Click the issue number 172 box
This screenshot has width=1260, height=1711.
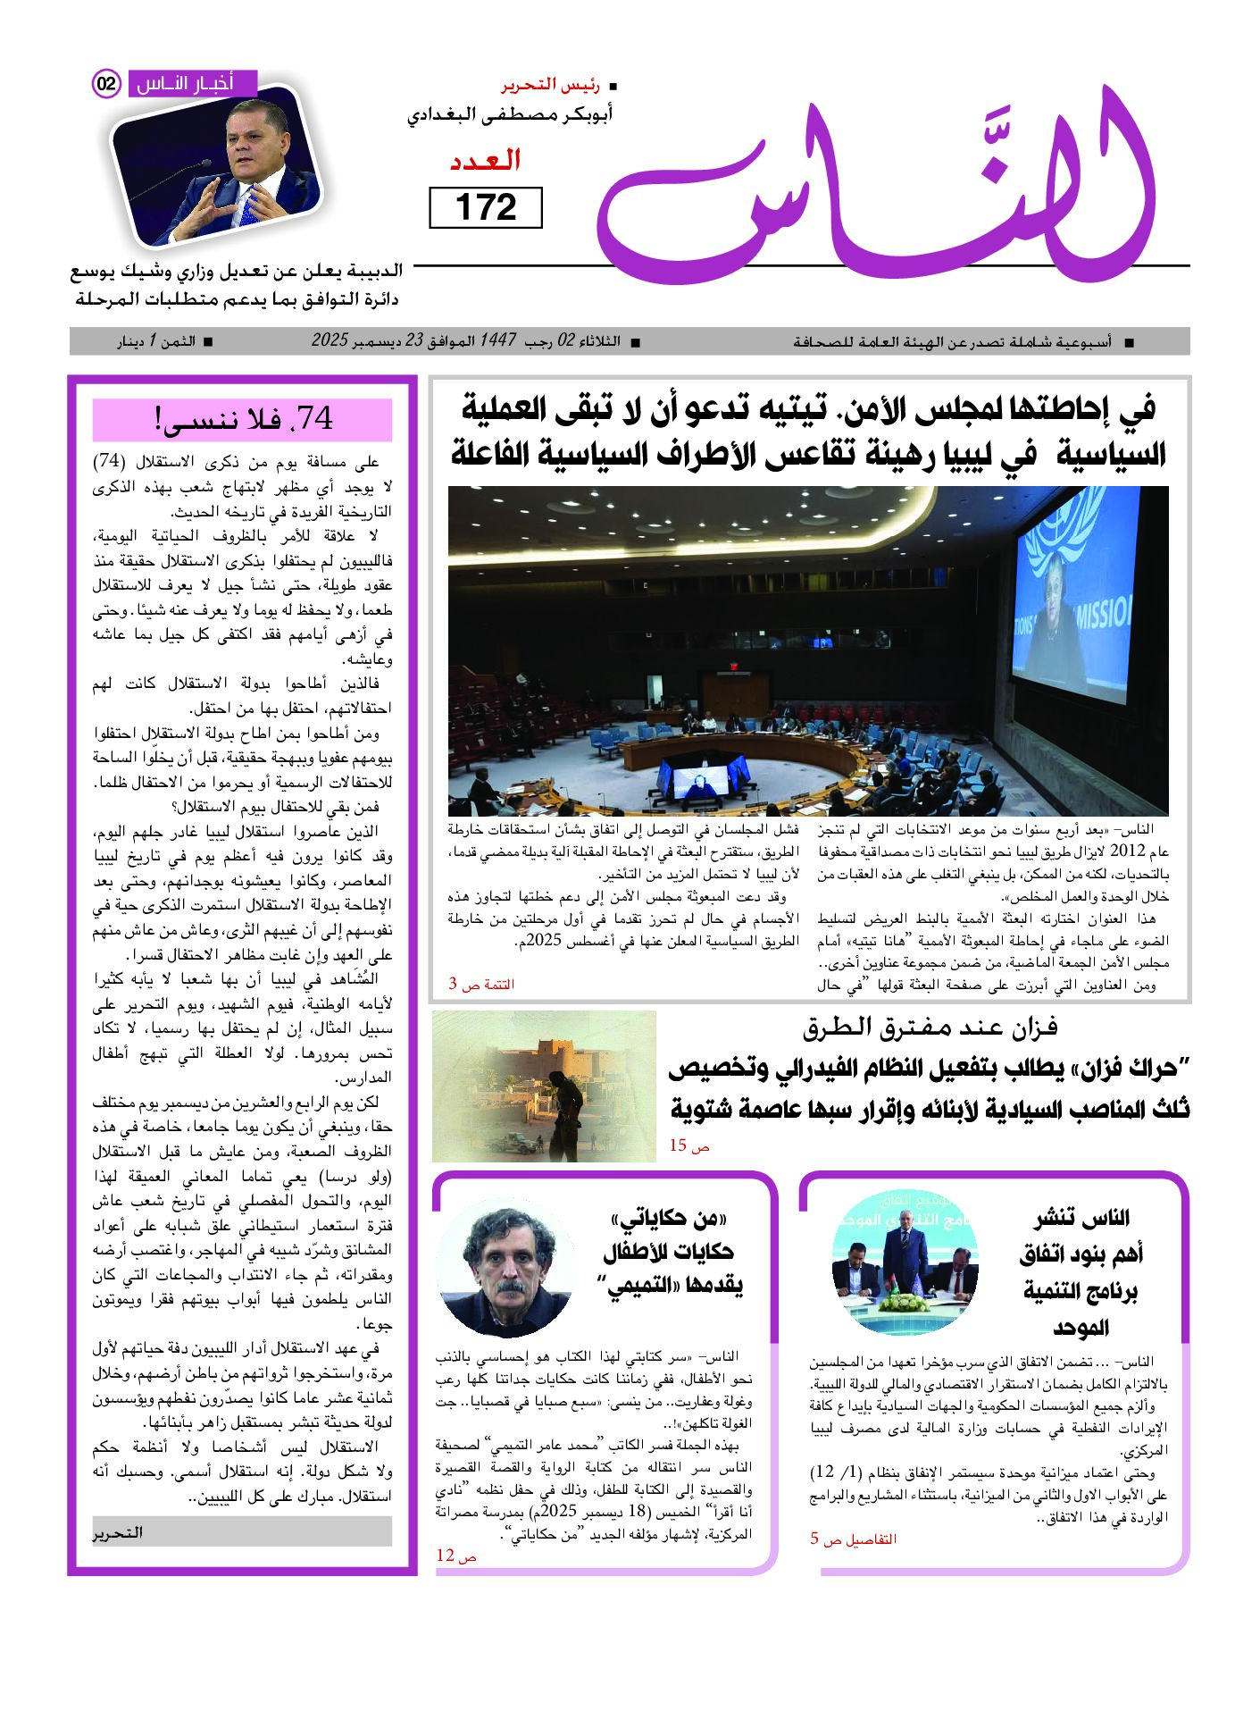486,207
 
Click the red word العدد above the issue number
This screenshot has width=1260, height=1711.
485,161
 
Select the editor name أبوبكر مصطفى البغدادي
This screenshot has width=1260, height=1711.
510,115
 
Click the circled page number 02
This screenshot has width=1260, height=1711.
106,84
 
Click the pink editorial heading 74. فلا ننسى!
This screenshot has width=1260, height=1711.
242,419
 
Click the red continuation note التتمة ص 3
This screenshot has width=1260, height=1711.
481,984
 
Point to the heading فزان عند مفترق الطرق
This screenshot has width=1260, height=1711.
929,1027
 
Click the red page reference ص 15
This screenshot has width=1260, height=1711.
689,1145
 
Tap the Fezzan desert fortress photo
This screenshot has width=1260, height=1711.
544,1086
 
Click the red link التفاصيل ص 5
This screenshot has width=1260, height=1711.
853,1539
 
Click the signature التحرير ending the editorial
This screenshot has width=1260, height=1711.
118,1532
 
